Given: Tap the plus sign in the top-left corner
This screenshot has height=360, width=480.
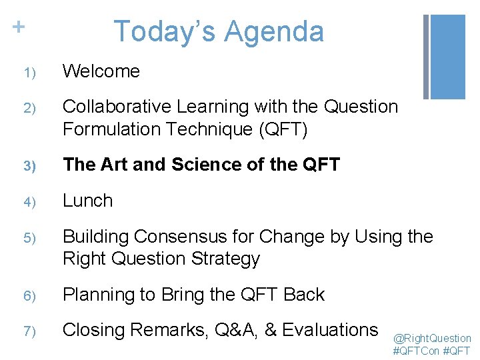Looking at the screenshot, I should click(19, 27).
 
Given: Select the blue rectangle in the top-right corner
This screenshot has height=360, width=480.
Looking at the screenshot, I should click(447, 57).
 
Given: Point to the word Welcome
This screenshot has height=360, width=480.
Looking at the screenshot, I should click(101, 71).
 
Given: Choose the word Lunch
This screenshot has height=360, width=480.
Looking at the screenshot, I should click(88, 201).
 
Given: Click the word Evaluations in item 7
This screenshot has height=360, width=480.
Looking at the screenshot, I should click(331, 330).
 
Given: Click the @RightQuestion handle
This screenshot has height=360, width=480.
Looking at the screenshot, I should click(432, 338).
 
